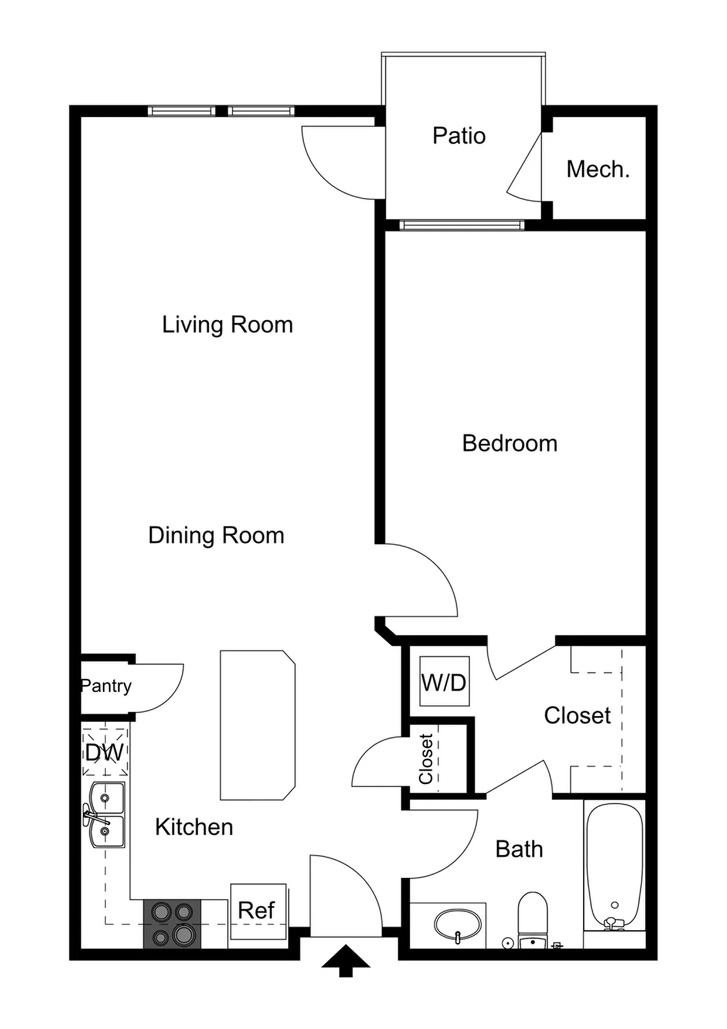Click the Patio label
click(459, 136)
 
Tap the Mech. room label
click(598, 170)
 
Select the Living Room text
click(227, 325)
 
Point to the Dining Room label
click(216, 536)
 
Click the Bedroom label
click(509, 444)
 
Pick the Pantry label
click(106, 686)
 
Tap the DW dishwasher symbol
click(105, 752)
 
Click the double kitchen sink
click(105, 815)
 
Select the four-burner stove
click(172, 924)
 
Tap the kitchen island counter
click(257, 725)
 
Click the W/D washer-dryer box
click(444, 682)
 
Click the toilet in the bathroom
click(532, 919)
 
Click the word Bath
click(519, 849)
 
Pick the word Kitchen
click(194, 827)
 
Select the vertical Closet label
click(426, 759)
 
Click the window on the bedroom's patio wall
click(462, 225)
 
